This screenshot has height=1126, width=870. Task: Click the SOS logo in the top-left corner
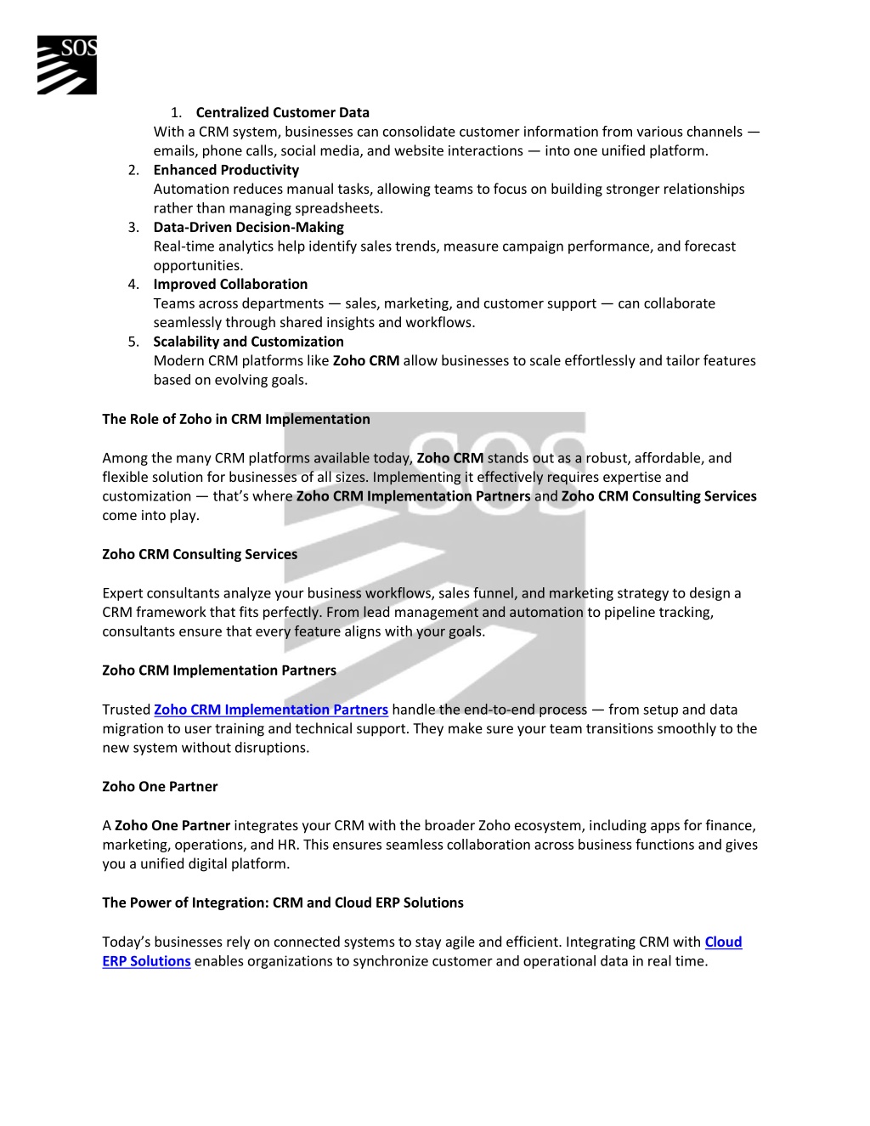pyautogui.click(x=66, y=65)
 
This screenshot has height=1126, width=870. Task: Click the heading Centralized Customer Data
pyautogui.click(x=282, y=112)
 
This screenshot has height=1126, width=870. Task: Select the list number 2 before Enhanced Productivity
pyautogui.click(x=133, y=170)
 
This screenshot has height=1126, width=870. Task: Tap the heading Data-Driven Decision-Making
pyautogui.click(x=248, y=227)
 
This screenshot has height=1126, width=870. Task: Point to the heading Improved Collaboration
pyautogui.click(x=230, y=284)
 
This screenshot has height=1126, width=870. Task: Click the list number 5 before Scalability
pyautogui.click(x=133, y=342)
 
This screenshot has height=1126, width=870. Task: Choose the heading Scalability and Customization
pyautogui.click(x=248, y=342)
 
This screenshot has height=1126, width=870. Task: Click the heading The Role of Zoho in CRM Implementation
pyautogui.click(x=236, y=419)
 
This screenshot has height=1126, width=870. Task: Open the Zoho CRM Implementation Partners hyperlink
pyautogui.click(x=270, y=710)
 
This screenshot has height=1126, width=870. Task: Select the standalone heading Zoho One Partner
pyautogui.click(x=160, y=786)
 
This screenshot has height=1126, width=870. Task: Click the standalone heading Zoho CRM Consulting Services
pyautogui.click(x=200, y=554)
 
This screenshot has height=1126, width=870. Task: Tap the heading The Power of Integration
pyautogui.click(x=283, y=902)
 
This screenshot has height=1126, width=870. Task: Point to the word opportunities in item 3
pyautogui.click(x=197, y=265)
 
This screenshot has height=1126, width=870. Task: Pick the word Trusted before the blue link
pyautogui.click(x=126, y=710)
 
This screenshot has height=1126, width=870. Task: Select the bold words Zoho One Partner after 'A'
pyautogui.click(x=172, y=825)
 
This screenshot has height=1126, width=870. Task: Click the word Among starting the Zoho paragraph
pyautogui.click(x=125, y=458)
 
